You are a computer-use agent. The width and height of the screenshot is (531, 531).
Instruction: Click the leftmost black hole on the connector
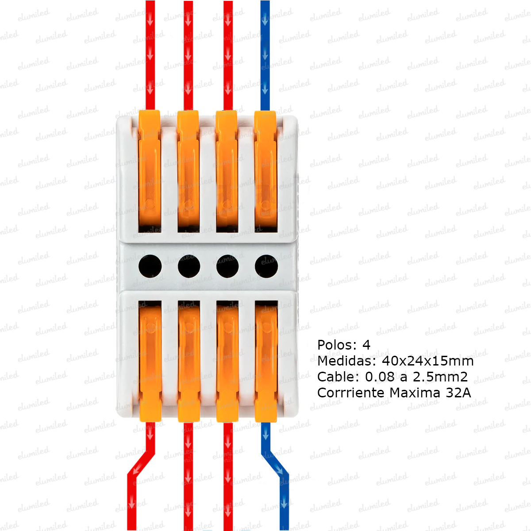tap(150, 266)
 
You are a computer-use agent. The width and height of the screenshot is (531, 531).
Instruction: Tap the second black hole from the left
tap(189, 266)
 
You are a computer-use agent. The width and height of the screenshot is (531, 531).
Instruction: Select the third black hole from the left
tap(227, 266)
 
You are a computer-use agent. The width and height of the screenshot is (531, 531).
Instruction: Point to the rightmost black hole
tap(266, 266)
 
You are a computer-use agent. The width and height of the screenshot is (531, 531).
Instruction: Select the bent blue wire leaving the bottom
tap(277, 469)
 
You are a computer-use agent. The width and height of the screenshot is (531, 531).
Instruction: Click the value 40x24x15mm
tap(427, 361)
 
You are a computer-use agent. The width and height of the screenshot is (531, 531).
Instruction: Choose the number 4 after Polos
tap(366, 345)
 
